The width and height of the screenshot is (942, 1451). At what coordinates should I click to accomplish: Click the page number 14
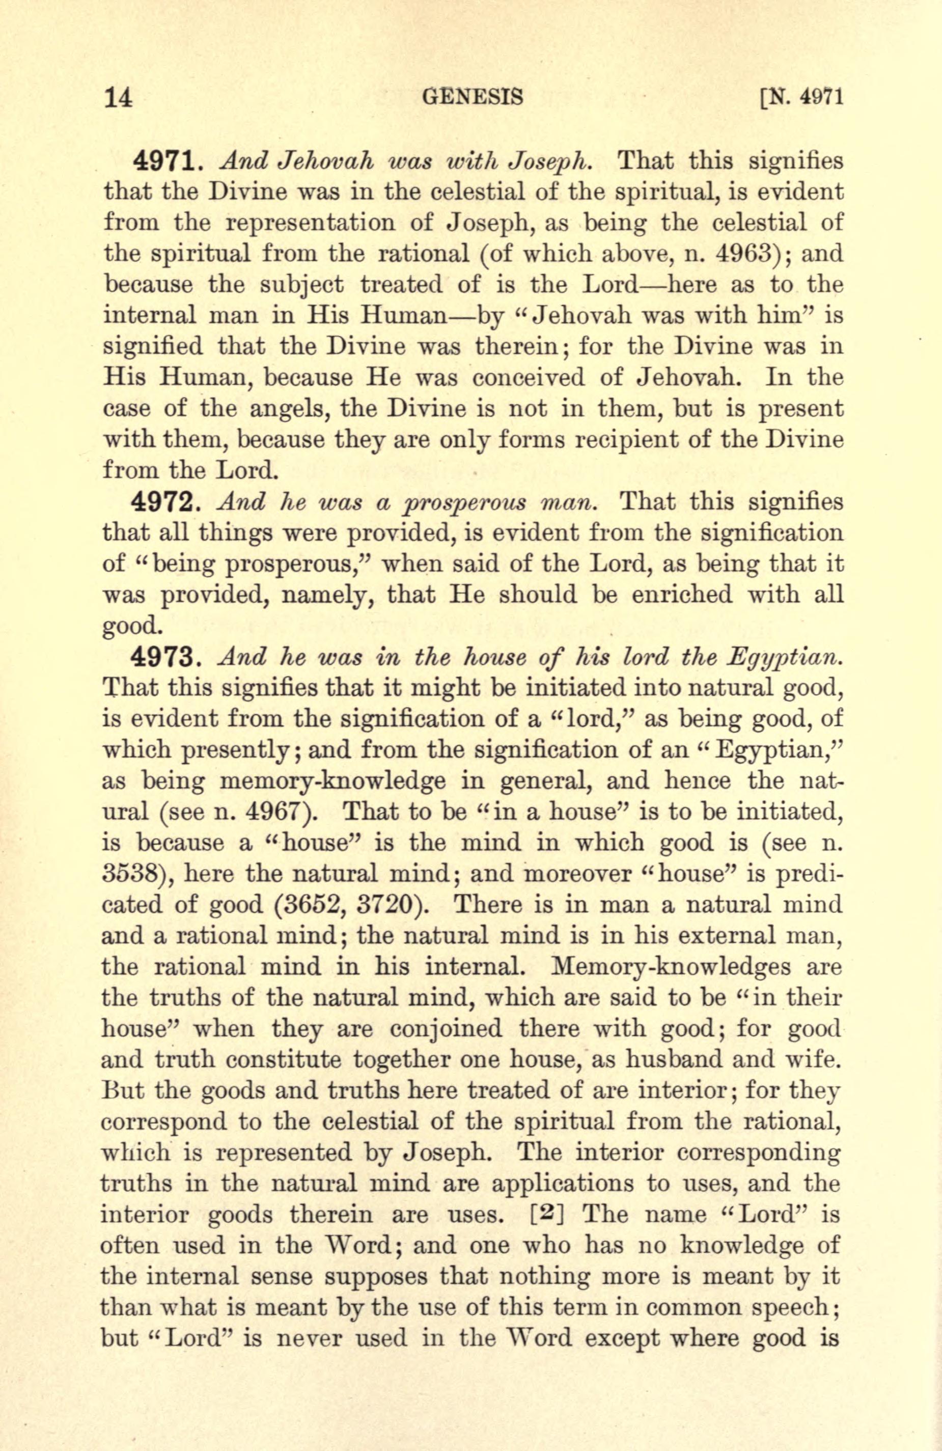tap(120, 97)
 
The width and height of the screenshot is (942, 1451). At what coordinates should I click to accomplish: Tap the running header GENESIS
tap(472, 97)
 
